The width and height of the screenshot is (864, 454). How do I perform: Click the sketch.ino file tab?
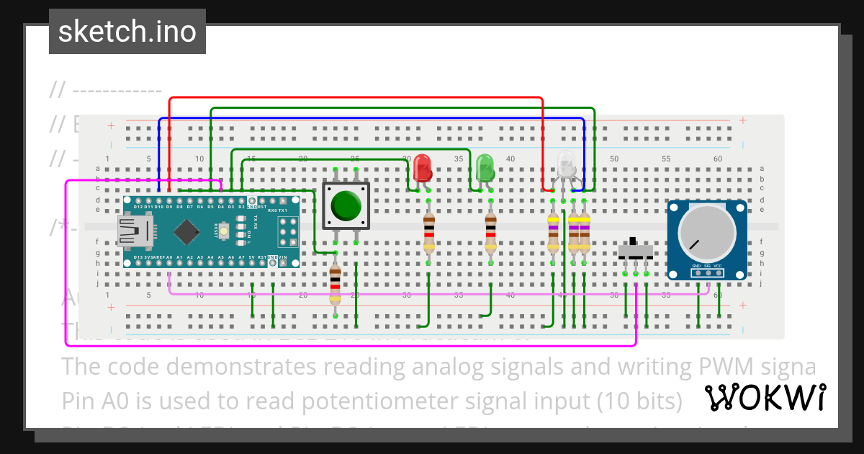pyautogui.click(x=127, y=32)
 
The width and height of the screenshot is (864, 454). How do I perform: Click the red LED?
pyautogui.click(x=423, y=168)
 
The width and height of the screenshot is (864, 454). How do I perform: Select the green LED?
pyautogui.click(x=485, y=168)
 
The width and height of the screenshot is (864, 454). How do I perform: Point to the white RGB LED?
pyautogui.click(x=566, y=166)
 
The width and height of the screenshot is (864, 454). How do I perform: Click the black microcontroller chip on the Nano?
pyautogui.click(x=187, y=231)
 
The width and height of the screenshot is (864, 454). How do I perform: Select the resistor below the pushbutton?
pyautogui.click(x=335, y=285)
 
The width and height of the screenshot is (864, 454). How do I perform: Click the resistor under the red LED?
pyautogui.click(x=429, y=233)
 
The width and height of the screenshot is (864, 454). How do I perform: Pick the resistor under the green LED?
pyautogui.click(x=491, y=233)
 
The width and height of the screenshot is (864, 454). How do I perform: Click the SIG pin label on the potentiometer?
pyautogui.click(x=708, y=266)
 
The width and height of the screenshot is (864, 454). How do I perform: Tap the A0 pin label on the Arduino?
pyautogui.click(x=168, y=257)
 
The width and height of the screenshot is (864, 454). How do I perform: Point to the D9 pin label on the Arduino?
pyautogui.click(x=168, y=207)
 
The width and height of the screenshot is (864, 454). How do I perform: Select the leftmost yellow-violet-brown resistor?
pyautogui.click(x=553, y=233)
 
